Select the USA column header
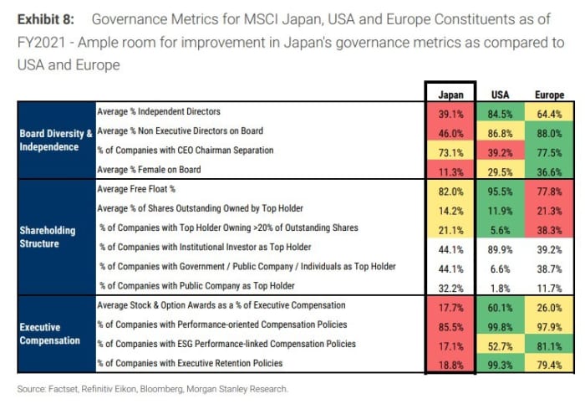[x=501, y=95]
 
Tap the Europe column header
[x=549, y=95]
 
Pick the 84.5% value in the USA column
[x=501, y=112]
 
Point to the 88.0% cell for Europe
[x=549, y=131]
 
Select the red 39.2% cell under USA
[x=501, y=151]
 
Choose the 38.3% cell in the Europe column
[x=549, y=228]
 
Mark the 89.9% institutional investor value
[x=501, y=248]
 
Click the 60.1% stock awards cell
[x=501, y=306]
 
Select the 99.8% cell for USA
[x=501, y=325]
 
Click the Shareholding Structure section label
[x=48, y=235]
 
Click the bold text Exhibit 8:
[x=48, y=19]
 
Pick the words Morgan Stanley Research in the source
[x=251, y=389]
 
